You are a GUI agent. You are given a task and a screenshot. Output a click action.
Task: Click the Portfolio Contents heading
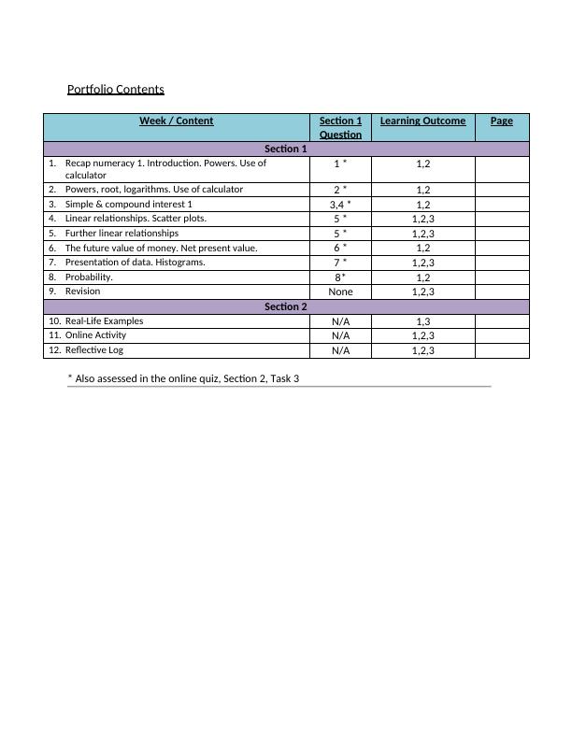(116, 90)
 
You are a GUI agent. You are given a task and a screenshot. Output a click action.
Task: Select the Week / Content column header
(176, 121)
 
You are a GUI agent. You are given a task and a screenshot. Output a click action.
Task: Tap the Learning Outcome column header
(422, 121)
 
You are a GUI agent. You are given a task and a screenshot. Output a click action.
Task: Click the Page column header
(502, 121)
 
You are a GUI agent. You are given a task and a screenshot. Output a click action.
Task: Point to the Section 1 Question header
(340, 127)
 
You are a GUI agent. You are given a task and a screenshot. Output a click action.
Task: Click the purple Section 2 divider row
(286, 306)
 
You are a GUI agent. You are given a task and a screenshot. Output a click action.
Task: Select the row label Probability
(89, 277)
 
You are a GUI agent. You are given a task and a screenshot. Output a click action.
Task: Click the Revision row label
(82, 292)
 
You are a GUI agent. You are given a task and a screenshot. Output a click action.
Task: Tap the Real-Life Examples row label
(104, 321)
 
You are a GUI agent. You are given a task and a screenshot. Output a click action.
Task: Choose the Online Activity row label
(95, 335)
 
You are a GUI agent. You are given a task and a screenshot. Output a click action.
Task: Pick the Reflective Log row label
(93, 350)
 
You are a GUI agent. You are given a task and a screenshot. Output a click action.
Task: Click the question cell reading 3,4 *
(340, 204)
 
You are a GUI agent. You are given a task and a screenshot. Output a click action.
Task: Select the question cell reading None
(340, 292)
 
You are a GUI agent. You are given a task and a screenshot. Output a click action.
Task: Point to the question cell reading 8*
(340, 277)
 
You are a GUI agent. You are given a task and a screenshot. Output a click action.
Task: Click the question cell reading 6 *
(340, 248)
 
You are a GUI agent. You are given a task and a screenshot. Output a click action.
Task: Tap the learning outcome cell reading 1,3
(422, 321)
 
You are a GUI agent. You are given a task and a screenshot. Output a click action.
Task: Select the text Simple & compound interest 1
(128, 204)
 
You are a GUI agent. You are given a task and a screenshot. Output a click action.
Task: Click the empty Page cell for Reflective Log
(502, 350)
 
